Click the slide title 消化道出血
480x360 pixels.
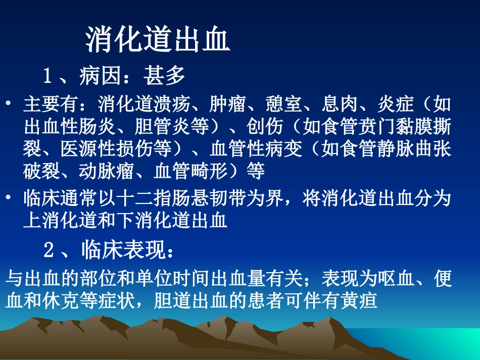click(x=158, y=40)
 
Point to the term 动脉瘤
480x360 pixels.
click(x=98, y=172)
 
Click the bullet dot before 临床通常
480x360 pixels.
click(x=9, y=198)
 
